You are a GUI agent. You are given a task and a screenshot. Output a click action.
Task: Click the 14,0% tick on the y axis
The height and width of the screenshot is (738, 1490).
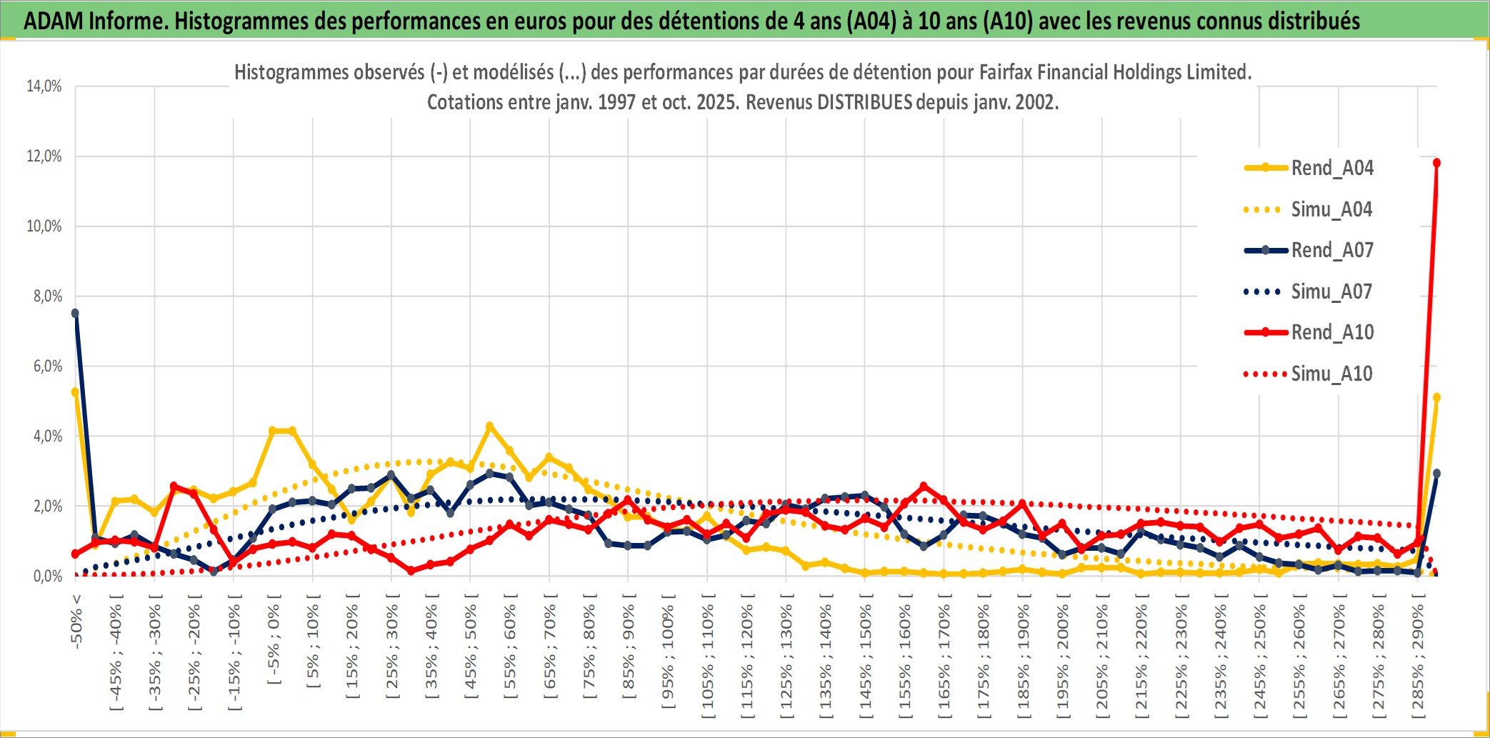44,86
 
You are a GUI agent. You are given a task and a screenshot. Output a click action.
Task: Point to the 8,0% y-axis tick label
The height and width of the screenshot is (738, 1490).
47,296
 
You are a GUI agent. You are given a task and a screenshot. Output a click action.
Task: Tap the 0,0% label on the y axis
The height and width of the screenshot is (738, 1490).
47,576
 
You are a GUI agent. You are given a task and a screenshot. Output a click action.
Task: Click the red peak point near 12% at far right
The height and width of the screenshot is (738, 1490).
1436,163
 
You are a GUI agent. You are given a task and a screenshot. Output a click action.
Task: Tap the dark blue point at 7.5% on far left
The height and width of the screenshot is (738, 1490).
76,313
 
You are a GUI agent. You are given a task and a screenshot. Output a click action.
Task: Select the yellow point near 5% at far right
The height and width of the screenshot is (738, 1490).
1436,397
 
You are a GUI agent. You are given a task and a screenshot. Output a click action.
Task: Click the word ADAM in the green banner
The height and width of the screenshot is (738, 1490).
54,21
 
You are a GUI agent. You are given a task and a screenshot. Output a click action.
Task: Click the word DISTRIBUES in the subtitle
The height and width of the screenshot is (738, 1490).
864,102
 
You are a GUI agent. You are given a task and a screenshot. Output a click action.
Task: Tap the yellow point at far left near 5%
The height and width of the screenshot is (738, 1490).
75,392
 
